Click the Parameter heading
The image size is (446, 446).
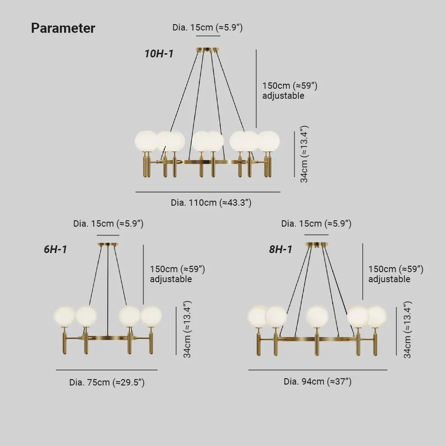click(x=63, y=28)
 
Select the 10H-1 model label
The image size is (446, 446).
click(x=159, y=54)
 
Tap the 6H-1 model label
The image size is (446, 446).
click(x=56, y=249)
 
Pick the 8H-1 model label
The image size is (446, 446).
click(x=280, y=249)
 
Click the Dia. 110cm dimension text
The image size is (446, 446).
click(x=211, y=203)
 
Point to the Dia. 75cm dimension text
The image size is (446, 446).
click(x=107, y=383)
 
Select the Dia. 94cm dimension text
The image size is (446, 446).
click(x=318, y=382)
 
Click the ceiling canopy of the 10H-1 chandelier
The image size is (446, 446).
click(x=208, y=50)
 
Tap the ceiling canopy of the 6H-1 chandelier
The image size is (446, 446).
click(x=108, y=245)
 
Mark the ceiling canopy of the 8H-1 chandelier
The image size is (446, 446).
click(x=316, y=245)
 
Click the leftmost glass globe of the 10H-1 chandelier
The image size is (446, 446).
click(x=146, y=141)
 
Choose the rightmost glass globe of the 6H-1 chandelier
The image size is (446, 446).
click(x=151, y=316)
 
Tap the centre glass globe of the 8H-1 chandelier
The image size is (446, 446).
click(x=317, y=316)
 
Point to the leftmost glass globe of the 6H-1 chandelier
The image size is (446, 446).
click(x=64, y=316)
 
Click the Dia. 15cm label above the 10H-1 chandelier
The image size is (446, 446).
click(x=208, y=28)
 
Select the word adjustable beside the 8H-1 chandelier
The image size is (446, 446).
click(x=389, y=279)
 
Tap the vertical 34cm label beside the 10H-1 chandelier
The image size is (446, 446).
click(x=304, y=154)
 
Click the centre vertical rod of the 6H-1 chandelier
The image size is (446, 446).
click(x=108, y=291)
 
